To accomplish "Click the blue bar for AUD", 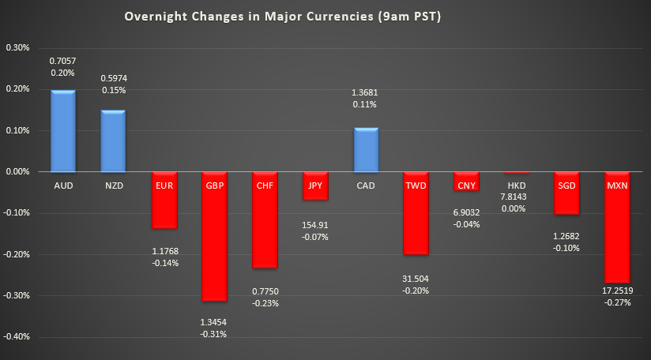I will tap(62, 131).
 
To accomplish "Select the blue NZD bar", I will tap(113, 141).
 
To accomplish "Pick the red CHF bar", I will tap(265, 229).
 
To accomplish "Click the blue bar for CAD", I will tap(366, 149).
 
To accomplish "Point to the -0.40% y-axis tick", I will tap(17, 337).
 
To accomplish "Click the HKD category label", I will tap(516, 186).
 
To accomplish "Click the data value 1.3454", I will tap(214, 322).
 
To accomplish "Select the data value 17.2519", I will tap(617, 291).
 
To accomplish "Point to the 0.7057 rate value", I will tap(62, 60).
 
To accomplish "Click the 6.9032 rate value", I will tap(466, 212).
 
